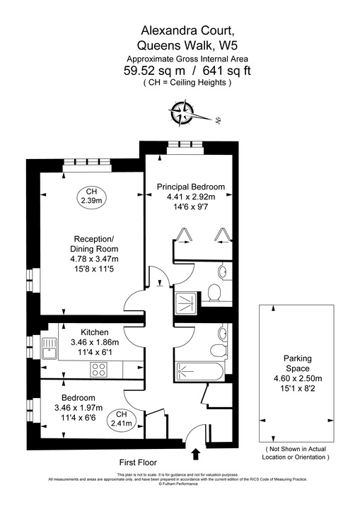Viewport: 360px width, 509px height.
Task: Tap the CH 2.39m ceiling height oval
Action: (91, 197)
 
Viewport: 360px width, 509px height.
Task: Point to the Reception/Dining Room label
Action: (93, 244)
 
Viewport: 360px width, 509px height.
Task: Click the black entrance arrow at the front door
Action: (195, 452)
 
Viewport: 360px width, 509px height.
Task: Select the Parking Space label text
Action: (297, 363)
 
